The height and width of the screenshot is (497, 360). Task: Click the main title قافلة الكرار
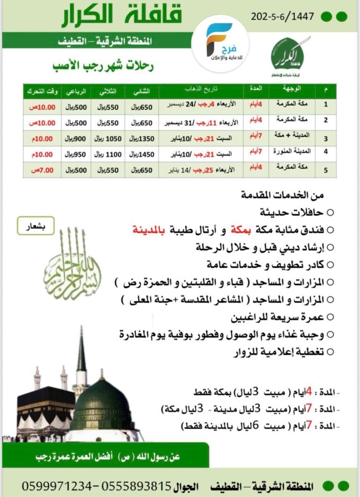point(121,16)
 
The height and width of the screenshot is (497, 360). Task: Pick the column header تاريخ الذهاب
point(201,89)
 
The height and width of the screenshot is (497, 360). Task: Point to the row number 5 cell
point(326,170)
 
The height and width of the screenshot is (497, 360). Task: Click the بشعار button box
point(36,226)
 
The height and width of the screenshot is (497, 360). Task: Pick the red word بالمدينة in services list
point(149,230)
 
